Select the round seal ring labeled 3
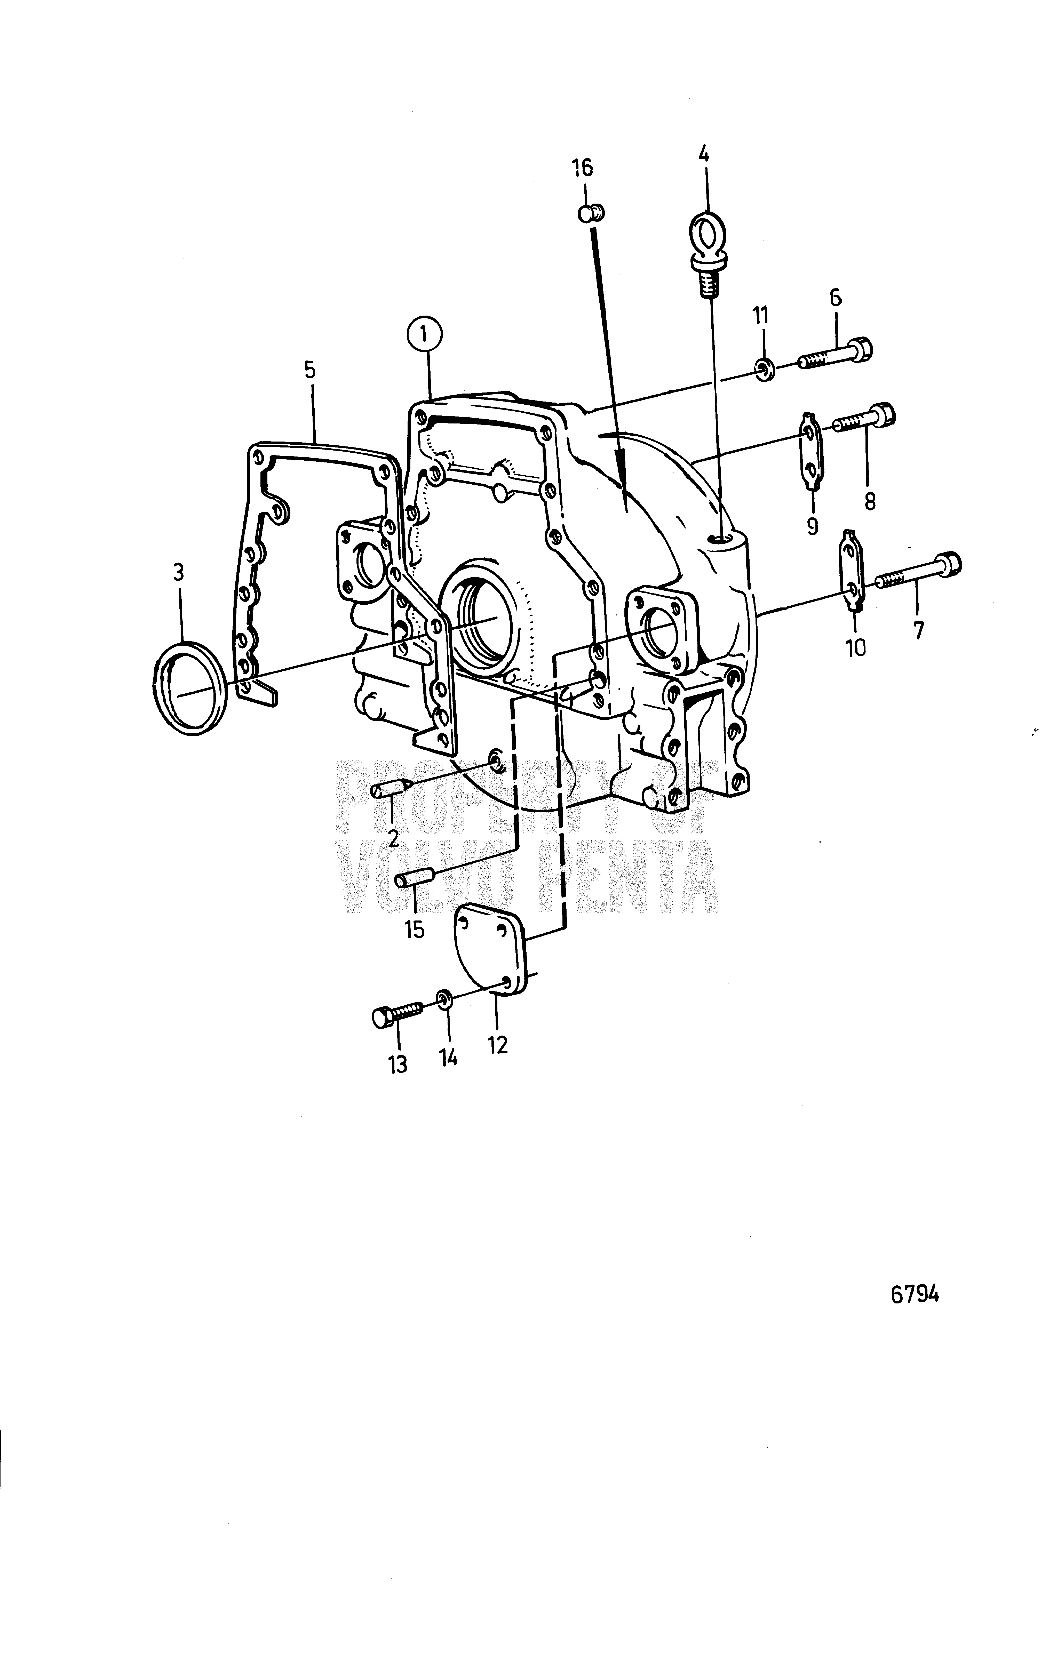[189, 688]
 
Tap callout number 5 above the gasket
[309, 370]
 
